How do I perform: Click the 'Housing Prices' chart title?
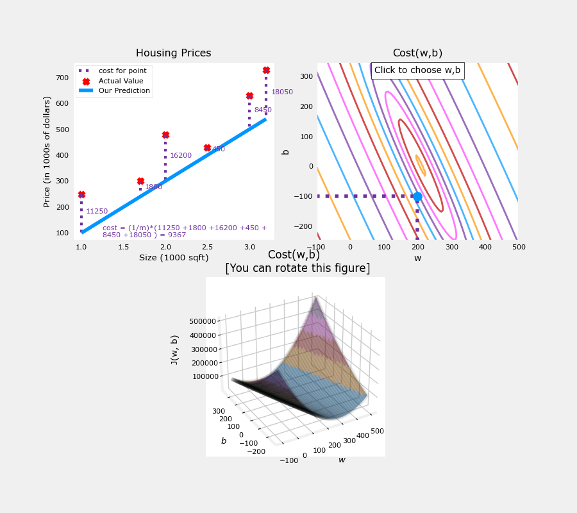coord(173,53)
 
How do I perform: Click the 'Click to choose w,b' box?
coord(417,71)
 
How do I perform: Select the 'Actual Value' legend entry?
coord(121,81)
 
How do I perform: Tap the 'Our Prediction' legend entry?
coord(124,91)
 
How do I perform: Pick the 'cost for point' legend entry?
coord(122,71)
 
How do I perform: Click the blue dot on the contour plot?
coord(417,196)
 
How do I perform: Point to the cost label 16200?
coord(181,156)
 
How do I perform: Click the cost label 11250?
coord(97,212)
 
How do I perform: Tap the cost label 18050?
coord(282,92)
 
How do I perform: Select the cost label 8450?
coord(263,110)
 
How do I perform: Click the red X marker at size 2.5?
coord(207,148)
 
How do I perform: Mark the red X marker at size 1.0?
coord(81,194)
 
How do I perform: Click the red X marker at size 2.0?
coord(165,135)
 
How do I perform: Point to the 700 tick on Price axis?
coord(62,78)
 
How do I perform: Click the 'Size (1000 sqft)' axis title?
coord(173,258)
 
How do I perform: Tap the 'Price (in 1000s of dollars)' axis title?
coord(47,151)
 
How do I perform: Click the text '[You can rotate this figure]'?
coord(297,268)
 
